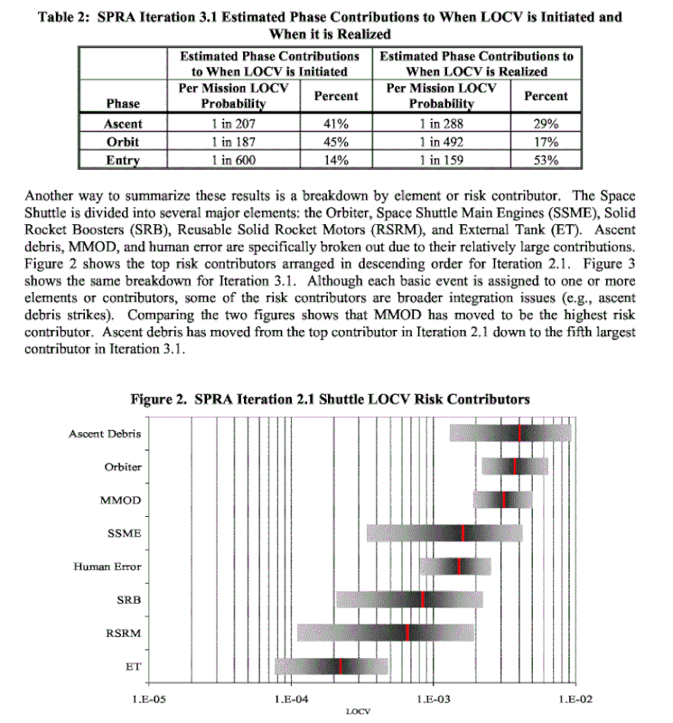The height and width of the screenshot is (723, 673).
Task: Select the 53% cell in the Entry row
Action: [x=546, y=160]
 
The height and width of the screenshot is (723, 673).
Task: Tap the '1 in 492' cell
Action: [x=430, y=142]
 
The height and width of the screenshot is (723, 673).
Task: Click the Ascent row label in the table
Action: [x=124, y=123]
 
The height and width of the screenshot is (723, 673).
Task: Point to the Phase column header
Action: [x=124, y=103]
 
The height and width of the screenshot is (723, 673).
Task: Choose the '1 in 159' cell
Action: [x=430, y=160]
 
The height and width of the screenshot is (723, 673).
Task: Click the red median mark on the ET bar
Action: [x=341, y=666]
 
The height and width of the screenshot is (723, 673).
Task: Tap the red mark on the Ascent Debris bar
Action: [x=519, y=433]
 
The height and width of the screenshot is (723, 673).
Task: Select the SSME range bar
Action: [x=444, y=533]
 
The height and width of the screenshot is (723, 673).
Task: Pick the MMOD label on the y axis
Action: [x=124, y=500]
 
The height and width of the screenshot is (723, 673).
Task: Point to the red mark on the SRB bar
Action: [x=423, y=599]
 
